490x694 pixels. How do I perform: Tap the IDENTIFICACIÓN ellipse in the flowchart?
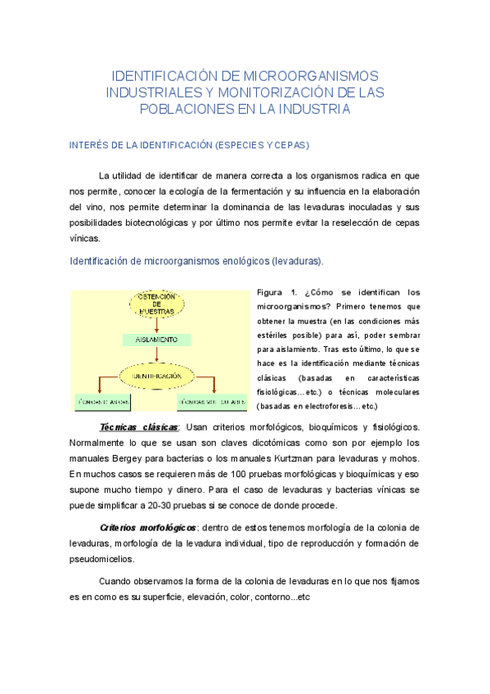pos(157,376)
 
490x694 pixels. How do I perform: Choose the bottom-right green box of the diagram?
pos(210,402)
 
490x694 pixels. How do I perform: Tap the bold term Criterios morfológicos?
pos(147,526)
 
